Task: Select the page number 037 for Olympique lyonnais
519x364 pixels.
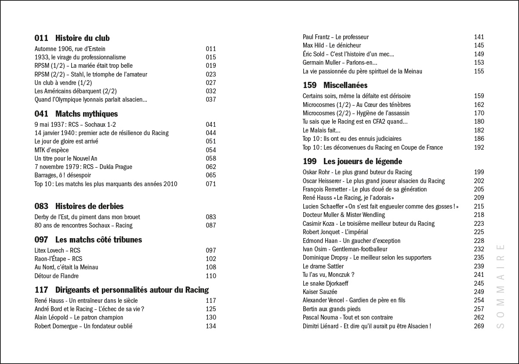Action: pos(211,99)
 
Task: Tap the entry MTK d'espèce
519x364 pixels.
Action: pos(51,150)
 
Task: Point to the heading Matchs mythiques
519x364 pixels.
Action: pos(87,114)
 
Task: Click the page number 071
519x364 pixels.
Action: pos(211,184)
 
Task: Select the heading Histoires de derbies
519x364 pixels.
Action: pos(89,206)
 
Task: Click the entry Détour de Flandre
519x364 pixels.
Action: pos(57,276)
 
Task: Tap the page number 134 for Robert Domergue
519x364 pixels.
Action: pos(211,326)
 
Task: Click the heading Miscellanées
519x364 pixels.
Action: pos(345,85)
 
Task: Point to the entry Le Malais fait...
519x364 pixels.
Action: pos(321,130)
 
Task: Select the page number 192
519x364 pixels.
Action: pos(479,147)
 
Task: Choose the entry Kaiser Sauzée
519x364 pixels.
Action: pos(320,292)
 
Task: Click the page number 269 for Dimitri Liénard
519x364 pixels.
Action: pos(479,326)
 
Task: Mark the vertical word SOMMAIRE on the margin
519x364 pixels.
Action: pos(500,286)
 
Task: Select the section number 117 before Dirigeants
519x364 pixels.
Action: pos(41,290)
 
